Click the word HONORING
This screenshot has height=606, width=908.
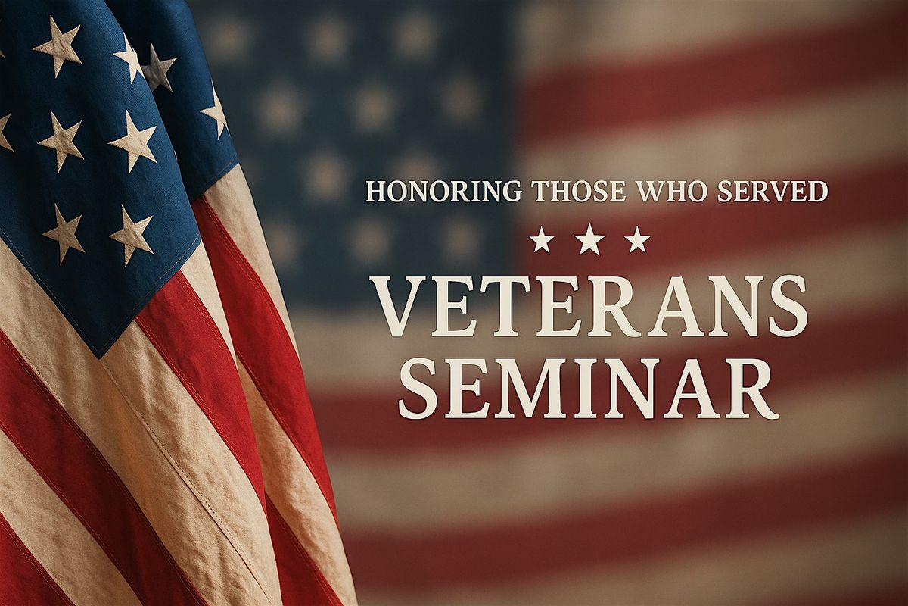(x=443, y=191)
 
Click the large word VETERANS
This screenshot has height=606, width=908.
(x=589, y=307)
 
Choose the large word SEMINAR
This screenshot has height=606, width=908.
(x=588, y=389)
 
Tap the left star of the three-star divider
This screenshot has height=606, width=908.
(x=542, y=240)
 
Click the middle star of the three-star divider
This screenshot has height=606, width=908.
(x=589, y=239)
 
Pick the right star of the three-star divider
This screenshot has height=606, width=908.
(x=638, y=239)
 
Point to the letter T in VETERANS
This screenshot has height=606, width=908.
(x=519, y=307)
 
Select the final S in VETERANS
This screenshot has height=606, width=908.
(x=784, y=307)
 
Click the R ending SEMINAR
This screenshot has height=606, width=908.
(x=751, y=389)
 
